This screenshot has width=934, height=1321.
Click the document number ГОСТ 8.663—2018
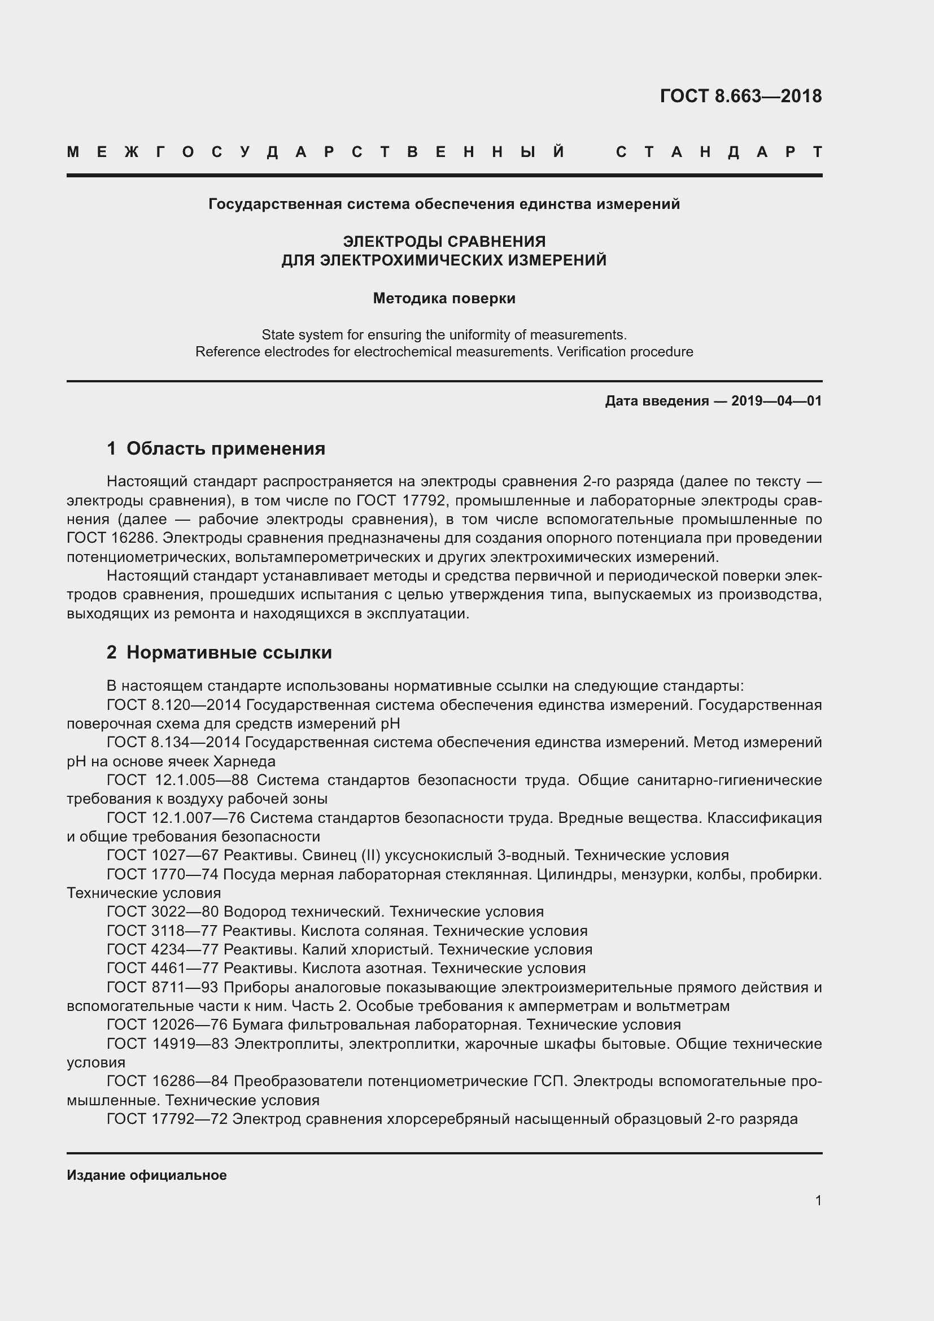(740, 96)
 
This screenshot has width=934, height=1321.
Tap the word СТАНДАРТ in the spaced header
(719, 152)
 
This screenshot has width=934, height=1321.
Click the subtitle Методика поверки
(444, 298)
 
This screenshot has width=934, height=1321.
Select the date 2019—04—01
(776, 401)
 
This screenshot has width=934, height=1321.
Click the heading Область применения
(225, 448)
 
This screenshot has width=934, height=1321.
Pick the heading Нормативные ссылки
(229, 652)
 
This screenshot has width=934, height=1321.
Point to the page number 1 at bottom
(818, 1200)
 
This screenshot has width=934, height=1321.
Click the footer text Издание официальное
(147, 1175)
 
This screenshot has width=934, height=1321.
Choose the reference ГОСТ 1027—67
(163, 855)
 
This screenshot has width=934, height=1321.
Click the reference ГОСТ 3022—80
(163, 912)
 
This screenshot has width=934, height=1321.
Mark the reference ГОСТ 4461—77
(163, 968)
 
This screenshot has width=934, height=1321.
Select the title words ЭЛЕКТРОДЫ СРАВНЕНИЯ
(444, 241)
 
